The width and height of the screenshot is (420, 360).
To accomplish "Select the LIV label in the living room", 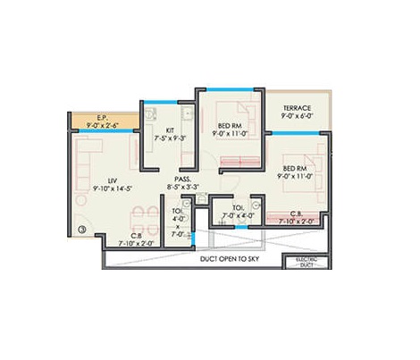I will pyautogui.click(x=101, y=179).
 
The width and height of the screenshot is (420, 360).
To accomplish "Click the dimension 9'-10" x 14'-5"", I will pyautogui.click(x=102, y=188).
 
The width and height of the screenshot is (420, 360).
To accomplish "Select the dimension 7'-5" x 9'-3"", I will pyautogui.click(x=167, y=140).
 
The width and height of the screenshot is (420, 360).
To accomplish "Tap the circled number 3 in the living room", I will pyautogui.click(x=82, y=230).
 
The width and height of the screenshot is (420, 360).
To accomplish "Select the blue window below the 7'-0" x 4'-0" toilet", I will pyautogui.click(x=234, y=228).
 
